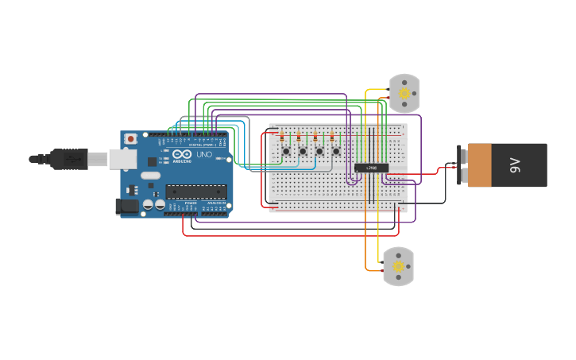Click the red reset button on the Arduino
[130, 139]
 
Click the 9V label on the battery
[515, 165]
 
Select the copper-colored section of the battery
[480, 165]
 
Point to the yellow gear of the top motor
[404, 93]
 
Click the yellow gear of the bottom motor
[398, 266]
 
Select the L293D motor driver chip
[371, 168]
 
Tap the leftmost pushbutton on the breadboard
[285, 151]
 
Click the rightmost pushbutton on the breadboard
[336, 151]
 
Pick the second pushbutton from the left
[303, 151]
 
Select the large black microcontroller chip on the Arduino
[195, 192]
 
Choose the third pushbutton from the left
[319, 151]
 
